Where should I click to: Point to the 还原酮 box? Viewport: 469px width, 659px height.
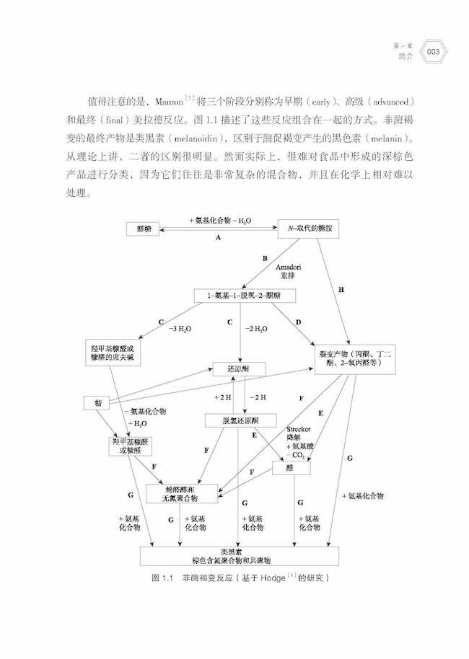click(237, 368)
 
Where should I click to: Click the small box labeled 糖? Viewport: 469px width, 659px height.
click(96, 402)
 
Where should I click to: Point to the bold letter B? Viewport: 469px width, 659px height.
click(265, 257)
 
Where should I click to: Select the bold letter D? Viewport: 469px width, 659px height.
click(297, 321)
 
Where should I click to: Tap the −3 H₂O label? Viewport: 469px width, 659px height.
click(178, 329)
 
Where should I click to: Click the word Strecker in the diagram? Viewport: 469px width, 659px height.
click(298, 428)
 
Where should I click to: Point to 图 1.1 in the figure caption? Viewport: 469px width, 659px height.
click(165, 578)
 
